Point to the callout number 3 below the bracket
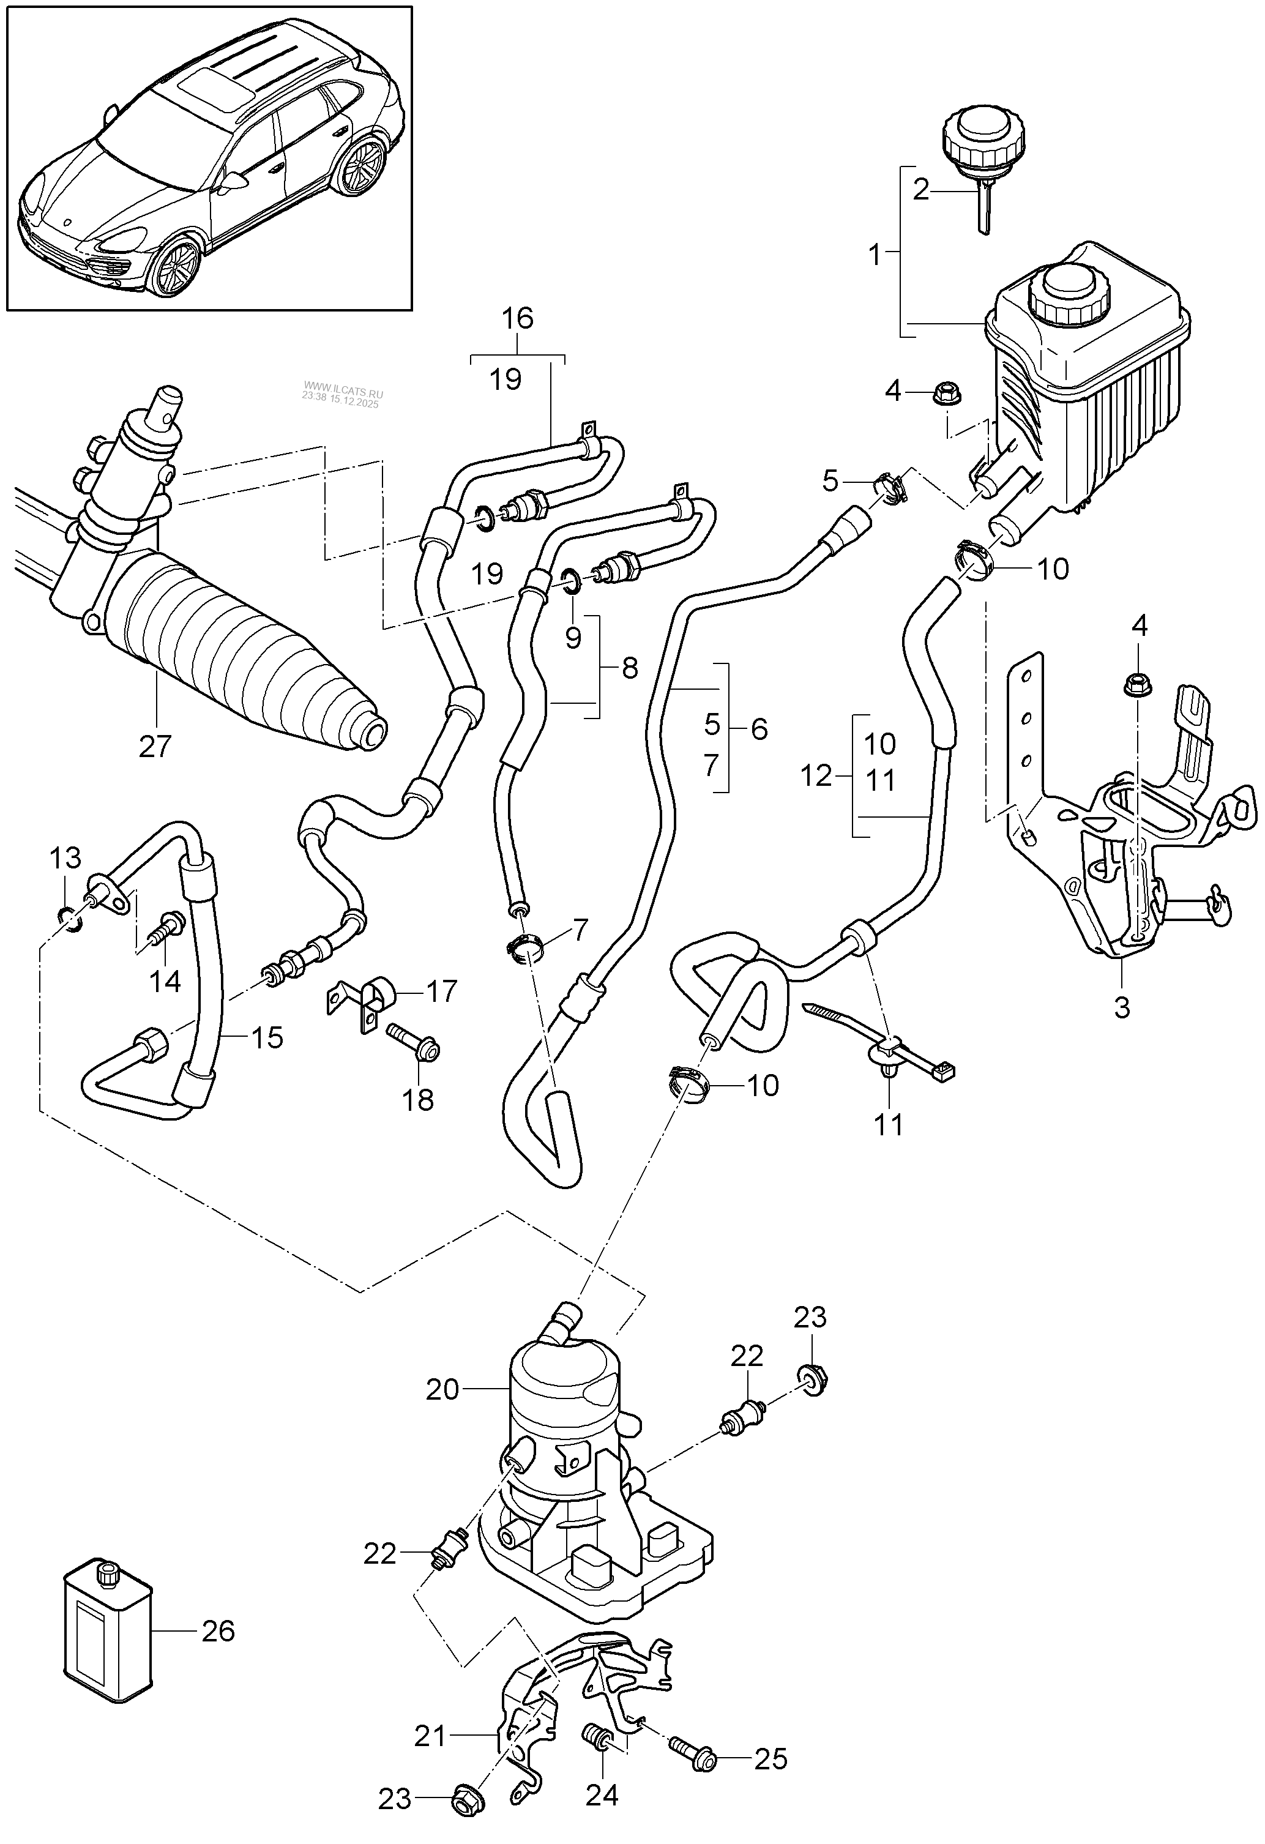1121,1008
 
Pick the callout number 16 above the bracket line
517,318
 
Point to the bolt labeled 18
414,1044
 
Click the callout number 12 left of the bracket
815,776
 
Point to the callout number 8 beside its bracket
629,668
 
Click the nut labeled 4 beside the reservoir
944,390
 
